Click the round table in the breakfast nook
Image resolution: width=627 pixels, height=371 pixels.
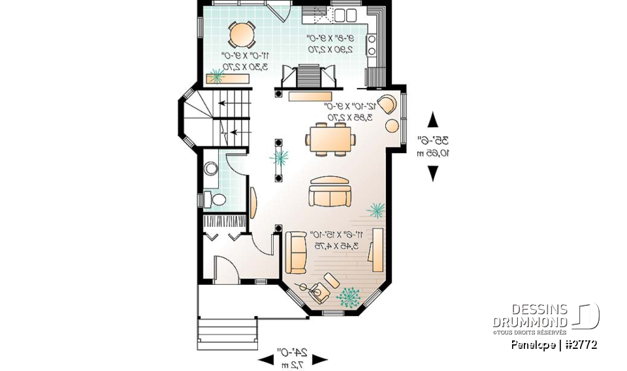242,33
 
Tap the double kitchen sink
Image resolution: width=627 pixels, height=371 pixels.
345,14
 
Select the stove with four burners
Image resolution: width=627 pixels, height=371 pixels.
372,44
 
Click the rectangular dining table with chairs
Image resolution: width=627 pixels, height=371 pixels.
330,138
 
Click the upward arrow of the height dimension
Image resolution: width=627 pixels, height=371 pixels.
432,120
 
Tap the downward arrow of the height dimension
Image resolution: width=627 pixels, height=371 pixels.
432,173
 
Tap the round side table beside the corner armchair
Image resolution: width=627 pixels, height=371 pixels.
393,125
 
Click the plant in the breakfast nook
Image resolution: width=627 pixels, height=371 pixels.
216,76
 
